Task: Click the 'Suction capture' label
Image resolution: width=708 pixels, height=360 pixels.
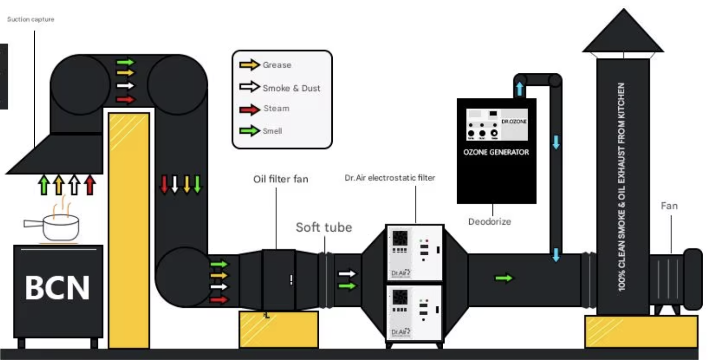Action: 30,19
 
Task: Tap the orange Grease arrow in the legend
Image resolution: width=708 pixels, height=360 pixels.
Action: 249,65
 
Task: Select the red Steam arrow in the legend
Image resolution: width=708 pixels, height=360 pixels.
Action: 249,109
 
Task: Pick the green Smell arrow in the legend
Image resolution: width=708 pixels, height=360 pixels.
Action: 249,131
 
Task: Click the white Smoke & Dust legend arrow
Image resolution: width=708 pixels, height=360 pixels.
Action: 249,87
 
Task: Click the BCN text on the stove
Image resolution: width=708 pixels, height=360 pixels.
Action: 57,288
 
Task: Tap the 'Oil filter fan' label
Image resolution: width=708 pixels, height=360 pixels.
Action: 281,180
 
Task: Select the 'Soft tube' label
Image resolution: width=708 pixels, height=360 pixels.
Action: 324,227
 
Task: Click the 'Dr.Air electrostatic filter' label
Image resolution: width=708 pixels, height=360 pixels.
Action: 390,178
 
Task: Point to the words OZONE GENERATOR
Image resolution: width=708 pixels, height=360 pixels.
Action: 496,152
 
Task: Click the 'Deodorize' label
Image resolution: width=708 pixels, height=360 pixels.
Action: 489,222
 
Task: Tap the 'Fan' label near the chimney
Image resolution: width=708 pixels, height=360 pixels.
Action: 669,206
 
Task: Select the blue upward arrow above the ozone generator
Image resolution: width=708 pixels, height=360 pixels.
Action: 519,89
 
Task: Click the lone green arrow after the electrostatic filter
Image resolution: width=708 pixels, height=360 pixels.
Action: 504,278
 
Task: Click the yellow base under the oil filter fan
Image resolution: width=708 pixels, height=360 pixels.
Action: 278,329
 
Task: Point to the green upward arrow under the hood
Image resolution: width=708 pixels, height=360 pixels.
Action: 45,185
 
